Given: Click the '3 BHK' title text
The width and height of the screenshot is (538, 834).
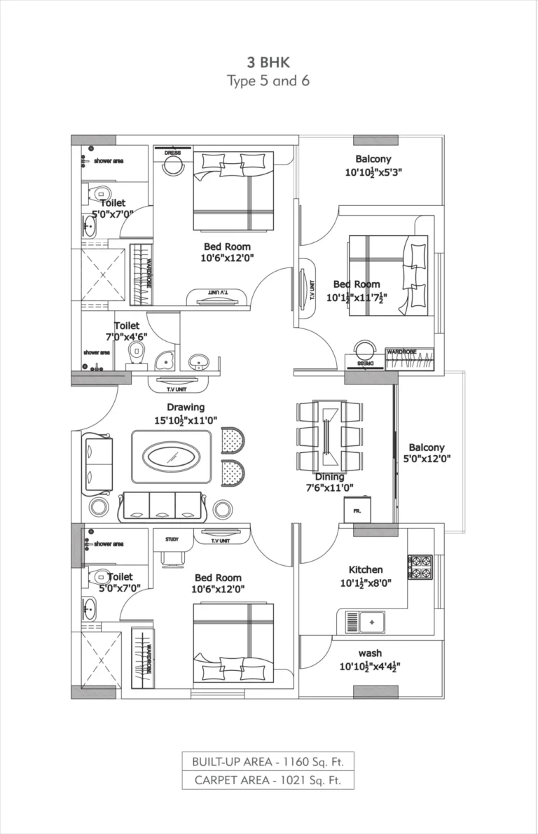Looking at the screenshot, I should pyautogui.click(x=269, y=62).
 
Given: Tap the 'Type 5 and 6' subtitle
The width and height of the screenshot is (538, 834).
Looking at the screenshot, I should pyautogui.click(x=269, y=81).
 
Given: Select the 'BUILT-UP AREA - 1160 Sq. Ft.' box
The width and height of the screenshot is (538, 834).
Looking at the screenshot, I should pyautogui.click(x=268, y=761).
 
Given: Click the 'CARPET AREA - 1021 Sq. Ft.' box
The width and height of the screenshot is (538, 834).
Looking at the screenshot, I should pyautogui.click(x=268, y=780).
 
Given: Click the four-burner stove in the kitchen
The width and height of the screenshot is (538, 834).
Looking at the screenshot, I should pyautogui.click(x=420, y=566).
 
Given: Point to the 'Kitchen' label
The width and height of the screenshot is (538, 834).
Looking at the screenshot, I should pyautogui.click(x=366, y=569).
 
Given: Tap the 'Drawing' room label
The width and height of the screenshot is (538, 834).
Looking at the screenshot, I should pyautogui.click(x=186, y=407).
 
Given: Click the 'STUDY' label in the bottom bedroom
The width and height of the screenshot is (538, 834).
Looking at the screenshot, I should pyautogui.click(x=172, y=539).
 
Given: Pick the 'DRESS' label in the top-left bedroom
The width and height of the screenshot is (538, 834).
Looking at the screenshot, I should pyautogui.click(x=172, y=153).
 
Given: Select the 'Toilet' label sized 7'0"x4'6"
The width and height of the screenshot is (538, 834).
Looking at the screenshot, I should pyautogui.click(x=127, y=326).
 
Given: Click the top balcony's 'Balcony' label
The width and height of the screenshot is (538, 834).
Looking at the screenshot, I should pyautogui.click(x=373, y=159).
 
